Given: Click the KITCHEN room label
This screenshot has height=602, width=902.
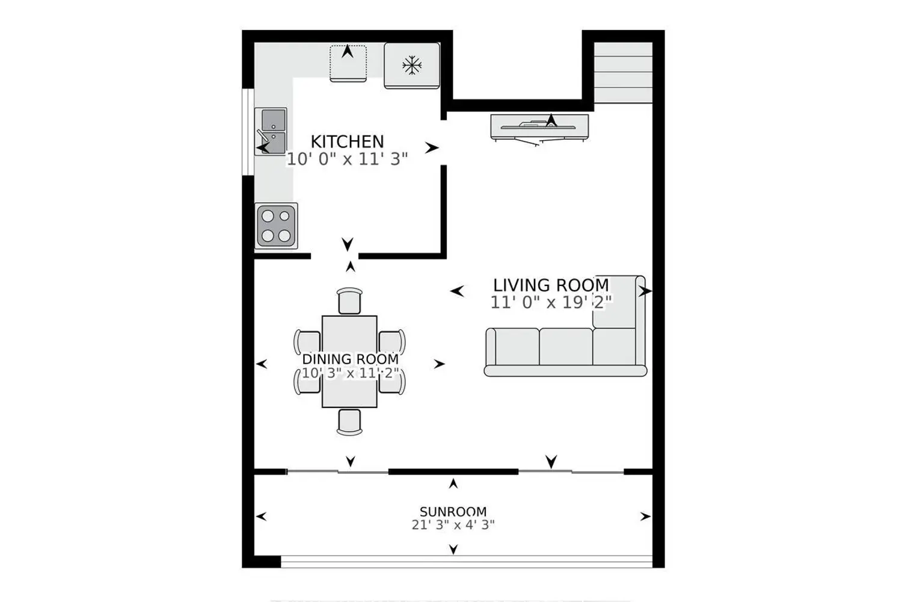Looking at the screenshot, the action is pos(347,142).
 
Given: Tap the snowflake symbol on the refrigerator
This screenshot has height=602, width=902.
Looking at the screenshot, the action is pos(412,66).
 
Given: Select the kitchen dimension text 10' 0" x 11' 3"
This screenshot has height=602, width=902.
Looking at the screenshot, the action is pos(347,160).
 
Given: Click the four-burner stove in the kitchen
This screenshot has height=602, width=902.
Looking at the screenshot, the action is pos(276,226).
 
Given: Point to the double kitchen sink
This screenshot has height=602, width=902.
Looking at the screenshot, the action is pos(271,131).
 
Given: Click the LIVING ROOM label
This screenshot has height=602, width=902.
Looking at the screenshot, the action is pos(551,285).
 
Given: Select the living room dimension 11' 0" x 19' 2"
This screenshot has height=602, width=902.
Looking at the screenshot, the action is pos(551,302).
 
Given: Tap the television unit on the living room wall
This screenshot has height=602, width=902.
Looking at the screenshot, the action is pos(539,128).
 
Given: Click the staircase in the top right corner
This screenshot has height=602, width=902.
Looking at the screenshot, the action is pos(624,73).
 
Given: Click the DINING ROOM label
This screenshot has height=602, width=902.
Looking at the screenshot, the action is pos(351,359).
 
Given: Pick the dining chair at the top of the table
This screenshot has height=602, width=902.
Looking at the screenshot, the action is pos(349,301).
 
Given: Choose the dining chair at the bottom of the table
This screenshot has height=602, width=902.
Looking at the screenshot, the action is pos(349,422).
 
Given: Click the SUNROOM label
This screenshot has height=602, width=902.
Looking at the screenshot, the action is pos(453,512).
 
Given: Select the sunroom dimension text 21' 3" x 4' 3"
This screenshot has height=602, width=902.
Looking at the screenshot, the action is pos(453,525).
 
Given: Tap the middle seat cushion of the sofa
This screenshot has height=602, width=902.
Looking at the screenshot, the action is pos(566,347).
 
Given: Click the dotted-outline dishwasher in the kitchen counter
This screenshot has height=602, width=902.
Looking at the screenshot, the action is pos(348,64).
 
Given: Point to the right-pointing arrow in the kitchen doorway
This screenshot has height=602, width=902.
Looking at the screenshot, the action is pos(432,148).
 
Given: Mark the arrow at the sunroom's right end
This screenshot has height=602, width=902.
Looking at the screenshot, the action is pos(645,517).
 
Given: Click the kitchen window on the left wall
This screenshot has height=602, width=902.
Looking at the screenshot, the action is pos(248,132).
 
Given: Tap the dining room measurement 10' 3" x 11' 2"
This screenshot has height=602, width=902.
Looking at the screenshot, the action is pos(351,373).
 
